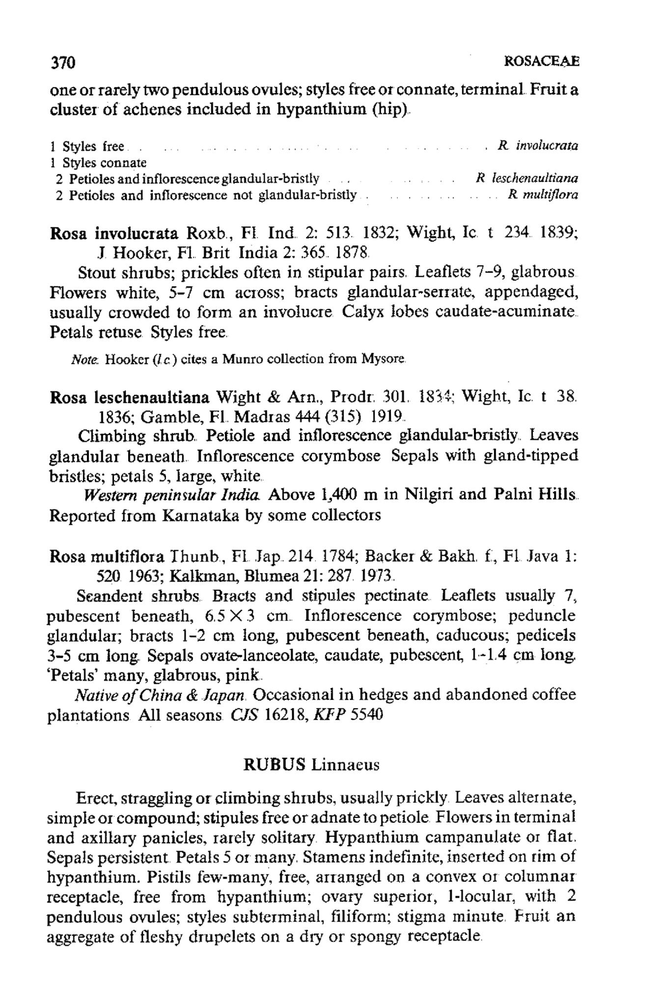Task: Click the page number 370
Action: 62,62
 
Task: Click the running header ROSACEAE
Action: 541,62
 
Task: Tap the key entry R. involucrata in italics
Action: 538,145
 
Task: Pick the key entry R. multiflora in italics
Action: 543,195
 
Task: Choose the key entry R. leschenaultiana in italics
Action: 527,178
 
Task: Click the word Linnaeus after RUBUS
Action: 345,765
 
